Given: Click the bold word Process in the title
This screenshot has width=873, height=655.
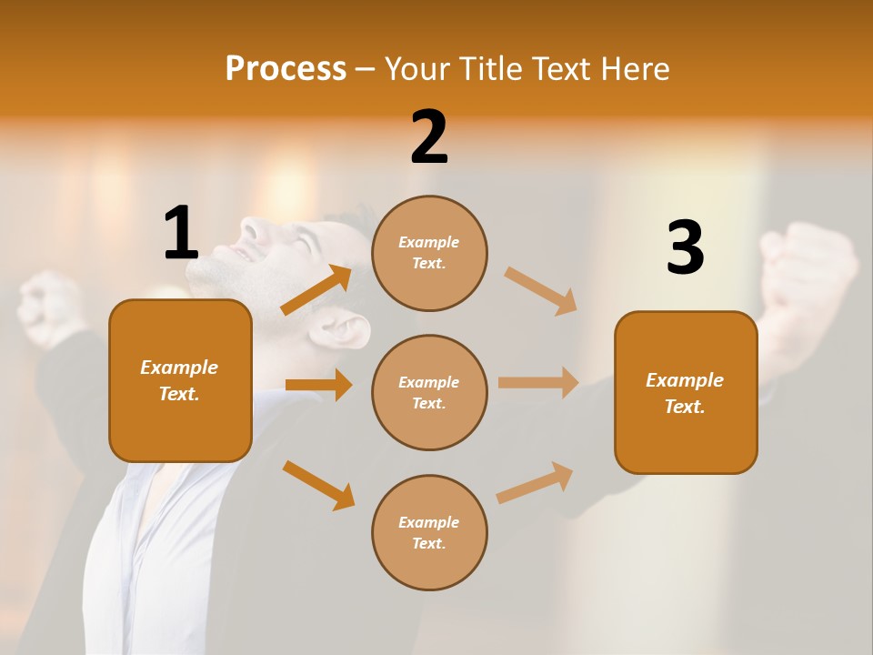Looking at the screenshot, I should pos(286,68).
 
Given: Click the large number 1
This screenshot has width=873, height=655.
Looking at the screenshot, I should pos(181,233).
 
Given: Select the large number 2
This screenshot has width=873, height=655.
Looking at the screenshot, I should pos(429,137).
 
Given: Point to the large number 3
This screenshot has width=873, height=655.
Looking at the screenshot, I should pos(685,247).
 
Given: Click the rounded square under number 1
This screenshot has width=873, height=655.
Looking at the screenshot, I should pos(180,380).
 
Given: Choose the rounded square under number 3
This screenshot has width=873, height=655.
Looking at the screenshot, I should pos(686,392).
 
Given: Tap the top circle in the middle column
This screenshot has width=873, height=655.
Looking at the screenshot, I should pos(429,253).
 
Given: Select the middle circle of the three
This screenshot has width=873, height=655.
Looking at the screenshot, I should pos(429,392).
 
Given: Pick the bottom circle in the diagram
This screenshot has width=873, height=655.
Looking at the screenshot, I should pos(429,532).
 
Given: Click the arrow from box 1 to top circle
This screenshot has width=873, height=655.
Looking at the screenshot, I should pos(316,290).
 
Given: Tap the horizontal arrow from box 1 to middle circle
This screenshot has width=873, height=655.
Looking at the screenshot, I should pos(318,385).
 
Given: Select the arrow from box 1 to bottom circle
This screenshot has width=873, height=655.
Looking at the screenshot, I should pos(318,484).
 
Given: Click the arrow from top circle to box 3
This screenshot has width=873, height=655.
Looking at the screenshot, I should pos(540,290).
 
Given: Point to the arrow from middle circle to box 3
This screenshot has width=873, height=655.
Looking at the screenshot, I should pos(538,382).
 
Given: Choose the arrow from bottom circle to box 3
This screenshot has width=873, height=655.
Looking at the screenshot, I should pos(535,482).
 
